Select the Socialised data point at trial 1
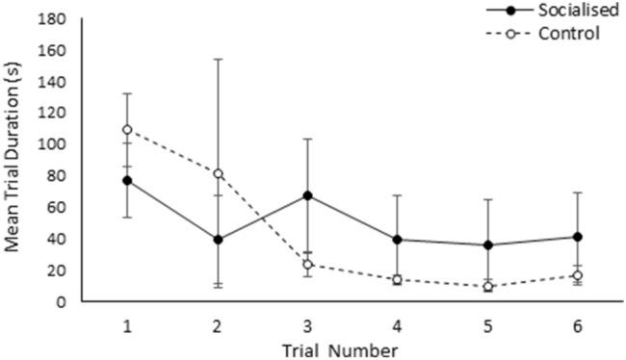[126, 180]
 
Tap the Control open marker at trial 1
[126, 129]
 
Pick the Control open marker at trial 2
[217, 174]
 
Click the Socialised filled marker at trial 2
[217, 239]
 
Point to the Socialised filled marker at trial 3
[307, 195]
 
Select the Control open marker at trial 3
[307, 264]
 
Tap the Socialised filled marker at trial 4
[397, 239]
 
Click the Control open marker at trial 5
[487, 287]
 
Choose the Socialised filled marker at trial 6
[578, 236]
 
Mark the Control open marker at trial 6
[578, 275]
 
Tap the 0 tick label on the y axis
[60, 301]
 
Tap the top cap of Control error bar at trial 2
[217, 60]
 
